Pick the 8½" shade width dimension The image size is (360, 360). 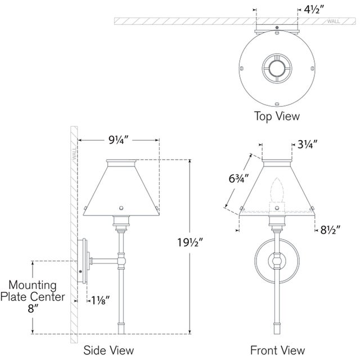[328, 230]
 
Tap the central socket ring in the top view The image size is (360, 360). [276, 69]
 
